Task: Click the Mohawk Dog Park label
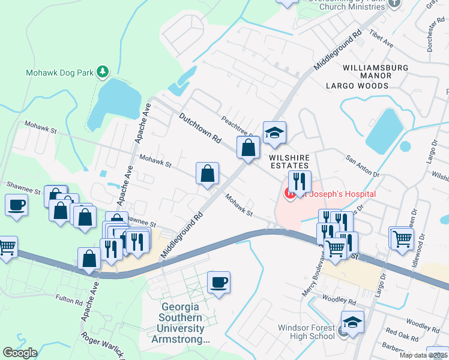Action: point(59,73)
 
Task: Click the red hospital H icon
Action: point(289,193)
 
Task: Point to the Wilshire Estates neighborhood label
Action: point(288,161)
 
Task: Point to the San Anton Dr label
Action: point(363,166)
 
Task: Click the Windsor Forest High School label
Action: point(306,332)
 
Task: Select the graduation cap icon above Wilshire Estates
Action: point(274,133)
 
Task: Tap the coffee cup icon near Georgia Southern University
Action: point(219,282)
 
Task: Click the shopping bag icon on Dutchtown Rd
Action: point(248,147)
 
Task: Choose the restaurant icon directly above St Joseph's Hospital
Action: point(299,181)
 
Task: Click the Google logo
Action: point(20,352)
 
